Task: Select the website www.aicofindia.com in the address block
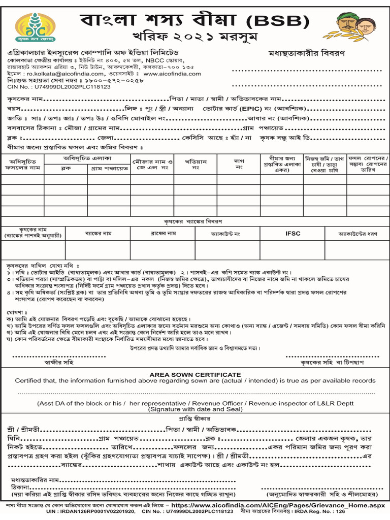(x=172, y=74)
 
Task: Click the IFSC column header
(x=293, y=234)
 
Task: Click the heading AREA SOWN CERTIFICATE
(x=195, y=374)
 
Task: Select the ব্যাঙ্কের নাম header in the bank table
(x=98, y=234)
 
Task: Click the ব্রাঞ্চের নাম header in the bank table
(x=162, y=234)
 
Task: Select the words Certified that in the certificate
(x=34, y=380)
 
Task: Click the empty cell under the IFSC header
(x=293, y=249)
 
